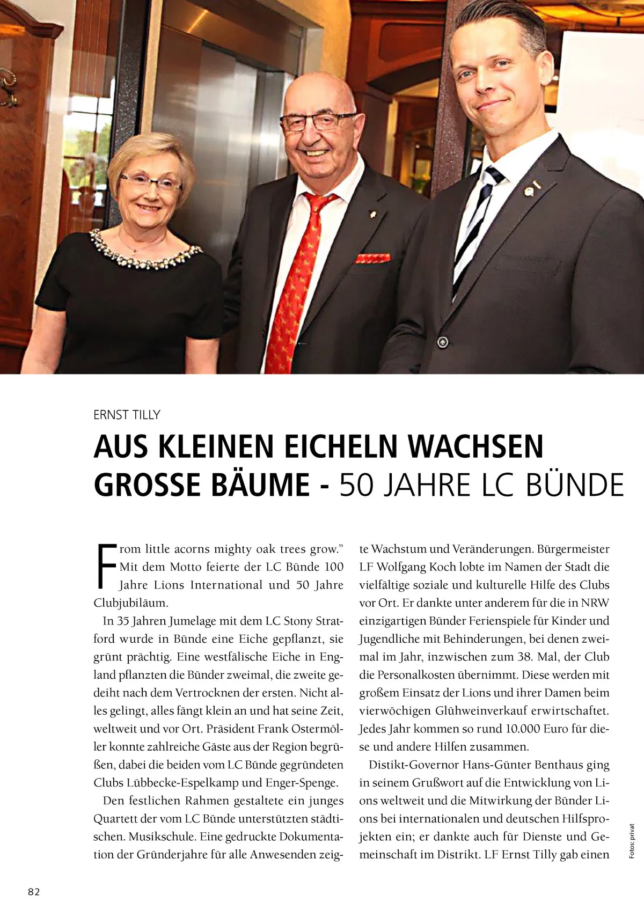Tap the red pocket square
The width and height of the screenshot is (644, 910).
pos(372,258)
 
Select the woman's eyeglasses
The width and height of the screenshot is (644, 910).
pos(150,183)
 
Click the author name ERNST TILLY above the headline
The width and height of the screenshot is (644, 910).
pos(127,415)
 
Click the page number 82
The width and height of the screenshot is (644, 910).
pos(34,892)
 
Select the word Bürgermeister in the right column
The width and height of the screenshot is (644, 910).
pos(573,549)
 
